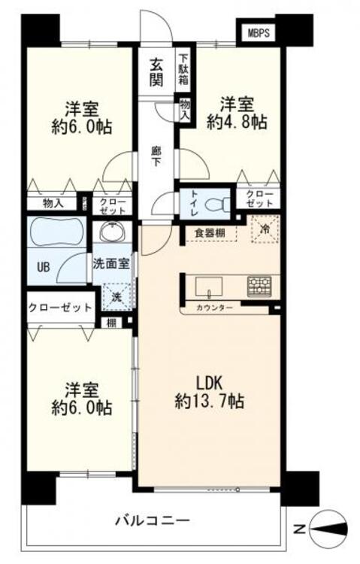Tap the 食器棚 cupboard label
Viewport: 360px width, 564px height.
(210, 232)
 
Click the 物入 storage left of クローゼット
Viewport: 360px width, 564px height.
(53, 202)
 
